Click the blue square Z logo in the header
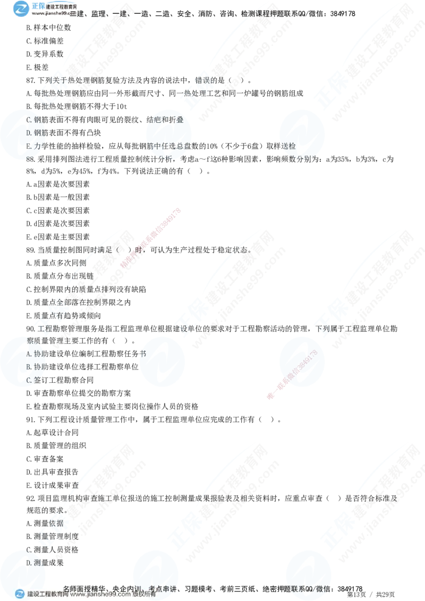point(21,8)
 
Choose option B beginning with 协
point(33,367)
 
